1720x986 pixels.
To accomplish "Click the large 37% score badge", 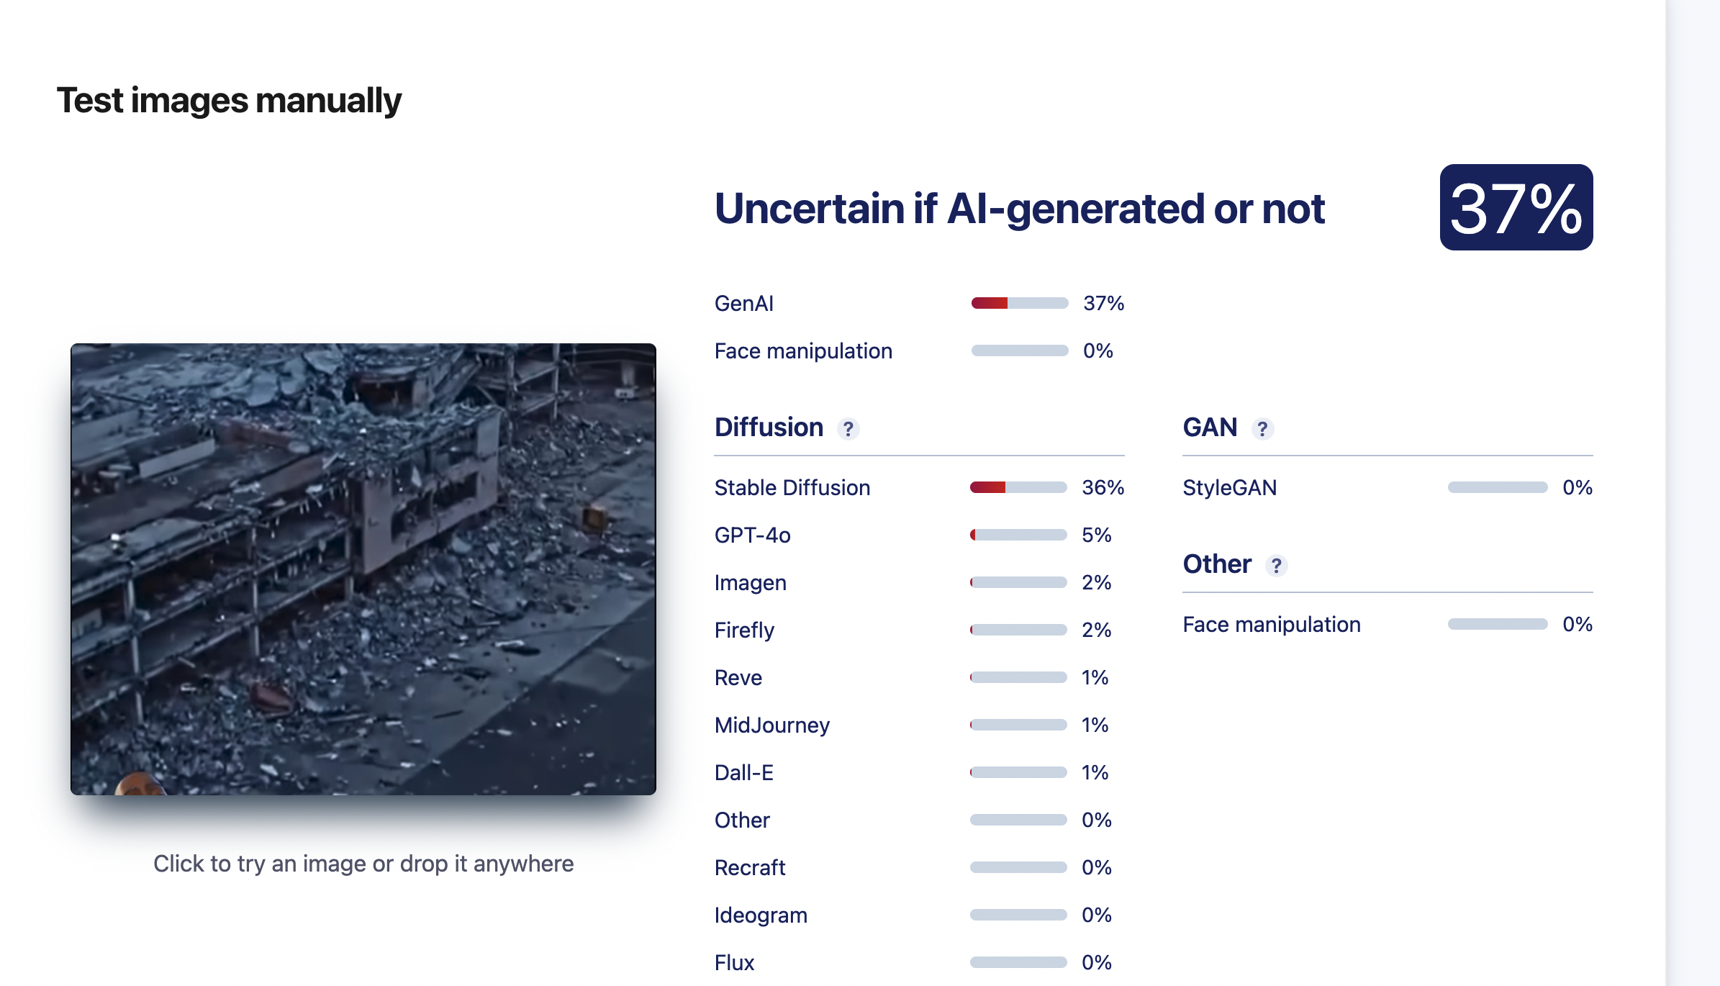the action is (1516, 207).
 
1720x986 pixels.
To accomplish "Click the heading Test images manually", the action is (229, 101).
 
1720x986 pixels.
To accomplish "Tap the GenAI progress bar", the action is (1019, 303).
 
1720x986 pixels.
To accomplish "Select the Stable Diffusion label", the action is (792, 488).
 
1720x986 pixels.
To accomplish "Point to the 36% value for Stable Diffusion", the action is (1103, 488).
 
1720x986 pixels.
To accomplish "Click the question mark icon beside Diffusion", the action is (848, 429).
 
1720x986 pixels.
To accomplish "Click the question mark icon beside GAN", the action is (1262, 429).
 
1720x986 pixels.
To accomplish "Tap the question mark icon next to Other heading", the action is (1276, 566).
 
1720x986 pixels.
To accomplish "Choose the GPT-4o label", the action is (752, 535).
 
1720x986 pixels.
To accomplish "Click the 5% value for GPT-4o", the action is (1096, 535).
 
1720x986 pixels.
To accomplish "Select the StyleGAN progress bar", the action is (1497, 487).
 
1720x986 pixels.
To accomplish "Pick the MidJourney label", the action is (771, 725).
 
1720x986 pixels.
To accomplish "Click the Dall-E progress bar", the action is (1018, 772).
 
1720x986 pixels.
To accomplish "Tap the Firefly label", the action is (744, 630).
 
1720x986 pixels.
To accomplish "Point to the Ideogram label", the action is (761, 915).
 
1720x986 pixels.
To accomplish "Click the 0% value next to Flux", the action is (1096, 963).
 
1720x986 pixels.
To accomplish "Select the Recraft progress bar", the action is (1018, 867).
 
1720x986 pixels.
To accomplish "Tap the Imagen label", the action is (750, 583).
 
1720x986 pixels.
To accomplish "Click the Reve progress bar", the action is (1018, 677).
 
